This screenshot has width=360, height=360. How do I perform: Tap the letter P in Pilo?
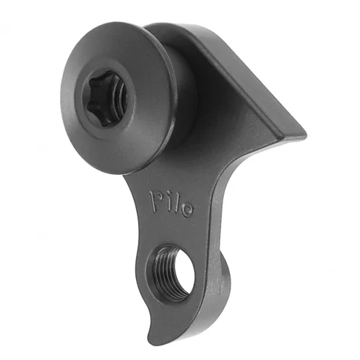(156, 198)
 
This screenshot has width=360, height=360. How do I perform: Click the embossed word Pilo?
(172, 203)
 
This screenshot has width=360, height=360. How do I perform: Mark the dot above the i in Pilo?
(168, 195)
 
